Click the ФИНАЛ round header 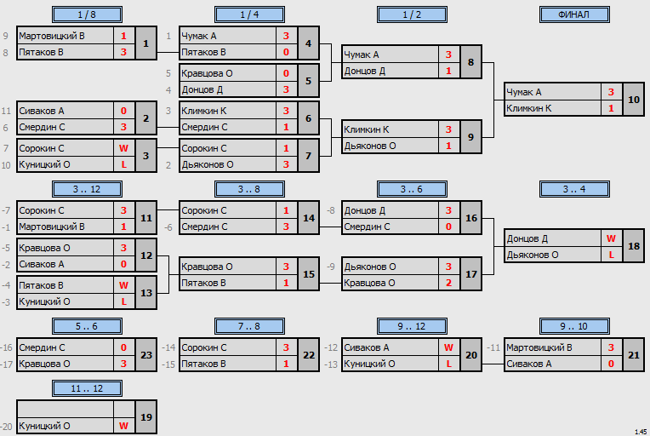tap(574, 14)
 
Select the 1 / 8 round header tap(87, 14)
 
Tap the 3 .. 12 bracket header tap(87, 189)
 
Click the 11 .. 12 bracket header tap(87, 388)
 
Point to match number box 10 tap(634, 100)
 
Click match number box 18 tap(634, 246)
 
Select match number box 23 tap(146, 355)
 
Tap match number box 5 tap(309, 81)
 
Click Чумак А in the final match tap(524, 92)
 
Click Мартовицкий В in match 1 tap(52, 36)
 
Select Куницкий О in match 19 tap(44, 426)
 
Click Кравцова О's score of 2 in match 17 tap(448, 283)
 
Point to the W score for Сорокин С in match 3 tap(123, 148)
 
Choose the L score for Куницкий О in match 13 tap(123, 301)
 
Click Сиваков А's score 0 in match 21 tap(611, 364)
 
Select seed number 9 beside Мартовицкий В tap(5, 36)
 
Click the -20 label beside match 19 tap(7, 427)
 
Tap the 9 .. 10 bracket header tap(574, 326)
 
